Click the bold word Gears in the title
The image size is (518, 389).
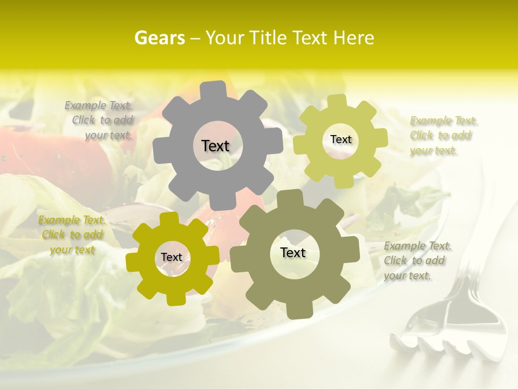click(x=159, y=38)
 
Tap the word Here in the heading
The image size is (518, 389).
click(x=354, y=38)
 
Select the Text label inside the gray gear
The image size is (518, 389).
click(x=215, y=146)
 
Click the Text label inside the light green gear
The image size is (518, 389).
click(x=340, y=139)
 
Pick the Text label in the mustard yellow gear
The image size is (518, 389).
click(x=172, y=258)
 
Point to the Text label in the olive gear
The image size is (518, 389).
click(x=293, y=253)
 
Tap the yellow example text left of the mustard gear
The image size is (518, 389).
click(x=72, y=235)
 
